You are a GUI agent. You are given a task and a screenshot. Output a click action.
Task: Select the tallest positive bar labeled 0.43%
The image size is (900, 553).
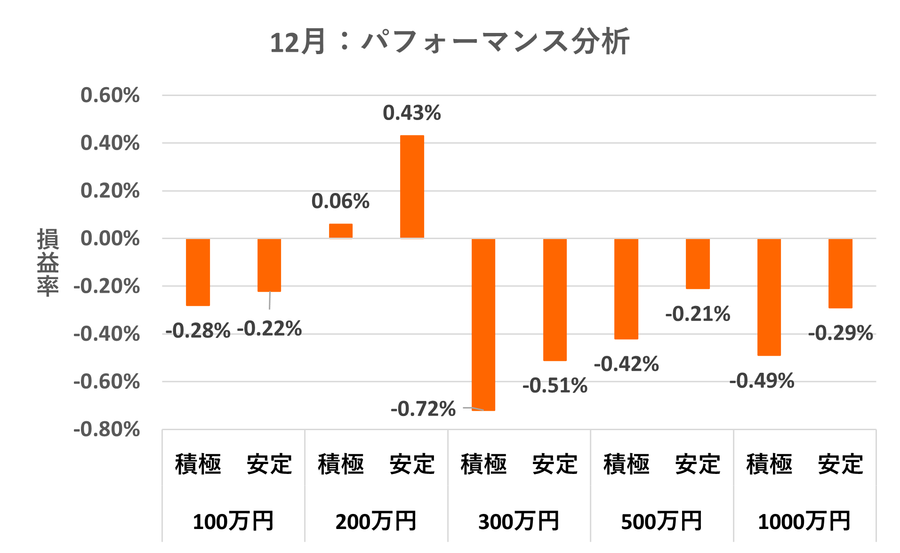(x=412, y=187)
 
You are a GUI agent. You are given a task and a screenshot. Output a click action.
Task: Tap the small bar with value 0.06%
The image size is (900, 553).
(x=340, y=231)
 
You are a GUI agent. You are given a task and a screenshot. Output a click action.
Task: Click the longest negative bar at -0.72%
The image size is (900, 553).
(x=483, y=325)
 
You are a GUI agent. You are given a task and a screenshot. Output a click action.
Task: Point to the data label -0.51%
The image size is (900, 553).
(x=555, y=385)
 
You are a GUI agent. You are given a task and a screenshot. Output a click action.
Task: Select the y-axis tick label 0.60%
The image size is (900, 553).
(x=110, y=95)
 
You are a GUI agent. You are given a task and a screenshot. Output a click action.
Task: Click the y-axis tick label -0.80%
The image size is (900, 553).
(x=107, y=429)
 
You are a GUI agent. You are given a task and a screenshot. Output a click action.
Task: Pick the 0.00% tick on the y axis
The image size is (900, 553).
(x=110, y=238)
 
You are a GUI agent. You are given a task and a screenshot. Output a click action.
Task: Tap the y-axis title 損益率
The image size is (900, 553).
(x=48, y=262)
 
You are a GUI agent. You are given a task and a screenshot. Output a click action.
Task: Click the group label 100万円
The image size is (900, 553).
(x=233, y=521)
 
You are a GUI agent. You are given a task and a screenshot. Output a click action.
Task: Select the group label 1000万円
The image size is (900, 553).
(x=804, y=521)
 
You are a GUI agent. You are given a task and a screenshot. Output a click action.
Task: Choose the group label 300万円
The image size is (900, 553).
(x=519, y=521)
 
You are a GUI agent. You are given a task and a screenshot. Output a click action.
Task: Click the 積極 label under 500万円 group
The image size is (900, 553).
(x=627, y=464)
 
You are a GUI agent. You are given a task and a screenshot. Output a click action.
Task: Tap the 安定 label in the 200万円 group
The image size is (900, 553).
(x=412, y=464)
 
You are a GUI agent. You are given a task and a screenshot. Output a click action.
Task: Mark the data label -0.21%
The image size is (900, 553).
(x=698, y=314)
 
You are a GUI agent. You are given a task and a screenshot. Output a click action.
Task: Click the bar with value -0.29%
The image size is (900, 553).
(x=840, y=273)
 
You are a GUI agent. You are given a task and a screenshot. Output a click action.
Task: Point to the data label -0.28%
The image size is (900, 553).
(x=198, y=330)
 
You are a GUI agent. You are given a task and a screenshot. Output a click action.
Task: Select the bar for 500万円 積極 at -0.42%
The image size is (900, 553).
(x=626, y=289)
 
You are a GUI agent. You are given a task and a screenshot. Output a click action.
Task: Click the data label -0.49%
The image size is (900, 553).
(x=762, y=381)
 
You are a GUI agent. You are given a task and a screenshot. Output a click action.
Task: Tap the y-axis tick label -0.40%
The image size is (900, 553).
(x=107, y=334)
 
